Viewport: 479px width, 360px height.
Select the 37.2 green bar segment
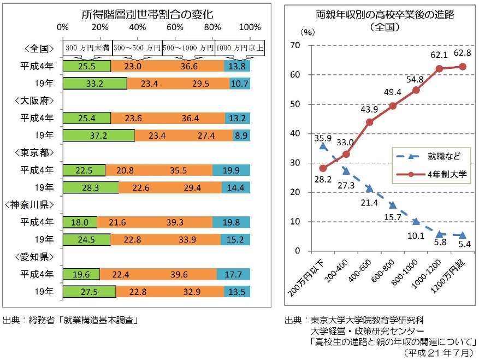point(99,135)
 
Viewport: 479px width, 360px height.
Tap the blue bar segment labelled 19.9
point(231,170)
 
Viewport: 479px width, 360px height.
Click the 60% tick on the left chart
point(175,27)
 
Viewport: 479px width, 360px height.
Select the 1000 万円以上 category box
point(240,48)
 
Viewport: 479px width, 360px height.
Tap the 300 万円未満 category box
point(87,48)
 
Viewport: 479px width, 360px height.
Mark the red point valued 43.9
point(369,122)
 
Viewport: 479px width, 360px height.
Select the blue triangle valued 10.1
point(416,222)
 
